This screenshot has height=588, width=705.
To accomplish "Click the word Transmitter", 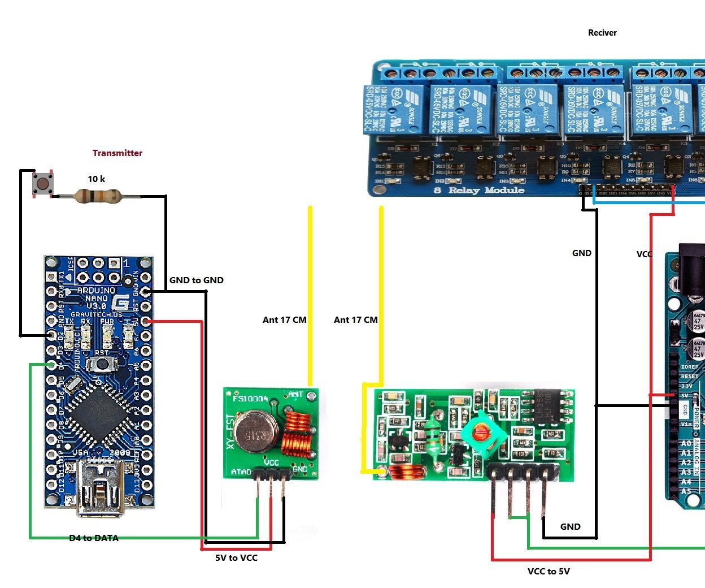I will pos(117,153).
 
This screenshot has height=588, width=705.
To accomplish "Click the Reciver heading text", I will pos(602,33).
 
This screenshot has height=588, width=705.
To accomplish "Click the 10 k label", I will pos(96,179).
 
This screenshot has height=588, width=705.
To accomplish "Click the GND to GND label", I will pos(196,280).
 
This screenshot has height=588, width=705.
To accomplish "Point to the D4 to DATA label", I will pos(94,538).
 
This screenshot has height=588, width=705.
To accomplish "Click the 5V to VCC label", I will pos(236,558).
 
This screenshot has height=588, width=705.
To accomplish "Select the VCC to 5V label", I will pos(549,572).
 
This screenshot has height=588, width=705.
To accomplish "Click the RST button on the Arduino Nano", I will pos(102,364).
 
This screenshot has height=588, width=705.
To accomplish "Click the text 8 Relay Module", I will pos(479,190).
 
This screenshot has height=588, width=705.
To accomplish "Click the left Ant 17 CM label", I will pos(284,320).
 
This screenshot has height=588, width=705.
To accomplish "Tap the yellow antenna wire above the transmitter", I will pos(310,294).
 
